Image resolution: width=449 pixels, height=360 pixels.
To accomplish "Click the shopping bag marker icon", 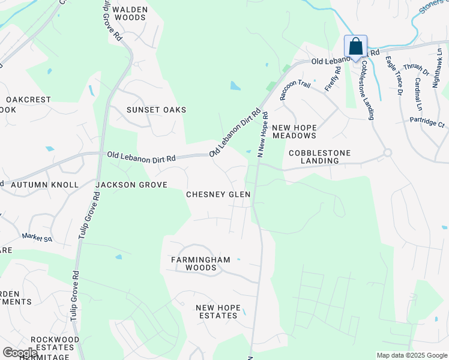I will [355, 47].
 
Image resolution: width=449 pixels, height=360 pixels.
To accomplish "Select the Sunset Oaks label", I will [156, 110].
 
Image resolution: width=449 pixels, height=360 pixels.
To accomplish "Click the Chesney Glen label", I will [218, 194].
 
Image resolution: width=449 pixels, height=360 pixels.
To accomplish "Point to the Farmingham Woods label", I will [200, 263].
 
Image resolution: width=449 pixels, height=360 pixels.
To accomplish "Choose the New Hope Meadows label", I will [294, 131].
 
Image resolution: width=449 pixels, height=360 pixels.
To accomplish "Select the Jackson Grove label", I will [131, 185].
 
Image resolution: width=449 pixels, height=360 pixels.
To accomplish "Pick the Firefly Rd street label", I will [333, 79].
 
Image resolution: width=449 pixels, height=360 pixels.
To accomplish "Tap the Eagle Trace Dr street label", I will [393, 76].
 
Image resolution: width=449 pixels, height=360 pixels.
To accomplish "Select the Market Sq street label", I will [37, 238].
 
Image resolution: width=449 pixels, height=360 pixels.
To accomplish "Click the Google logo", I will [20, 353].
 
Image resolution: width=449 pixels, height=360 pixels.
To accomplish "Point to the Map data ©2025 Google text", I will [411, 355].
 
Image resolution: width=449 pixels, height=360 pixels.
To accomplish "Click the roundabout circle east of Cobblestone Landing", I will [387, 153].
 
